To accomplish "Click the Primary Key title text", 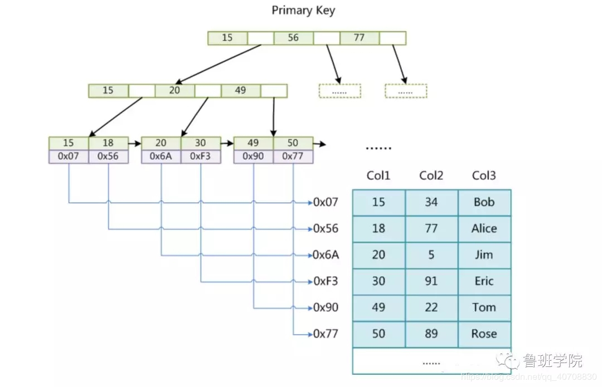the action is [303, 11].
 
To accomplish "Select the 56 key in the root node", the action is [293, 38].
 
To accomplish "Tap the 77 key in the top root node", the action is [360, 38].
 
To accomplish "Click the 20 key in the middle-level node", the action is [174, 91].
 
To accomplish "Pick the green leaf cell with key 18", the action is [108, 143].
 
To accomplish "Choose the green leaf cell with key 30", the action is [201, 143].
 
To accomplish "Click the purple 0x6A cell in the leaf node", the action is [161, 156].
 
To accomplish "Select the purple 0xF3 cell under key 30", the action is [201, 156].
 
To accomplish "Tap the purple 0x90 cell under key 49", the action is [254, 156].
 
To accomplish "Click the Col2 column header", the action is [431, 175].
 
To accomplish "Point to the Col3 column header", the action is [484, 175].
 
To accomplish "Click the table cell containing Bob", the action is [484, 203].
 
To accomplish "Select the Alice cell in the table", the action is [484, 229].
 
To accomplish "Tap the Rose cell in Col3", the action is [484, 334].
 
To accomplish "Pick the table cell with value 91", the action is [431, 282].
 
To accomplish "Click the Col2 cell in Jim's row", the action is [431, 255].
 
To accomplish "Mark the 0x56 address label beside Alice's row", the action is [326, 229].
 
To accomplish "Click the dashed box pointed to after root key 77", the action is [406, 91].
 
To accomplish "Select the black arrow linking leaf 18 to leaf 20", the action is [135, 144].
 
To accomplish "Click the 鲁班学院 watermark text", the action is [553, 360].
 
